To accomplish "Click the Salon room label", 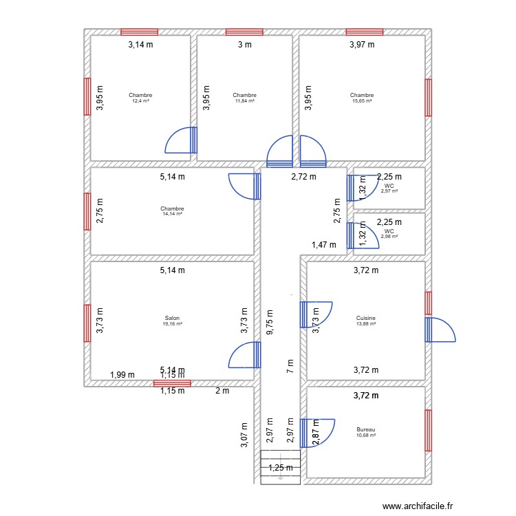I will coord(171,318).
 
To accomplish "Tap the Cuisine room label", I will coord(366,318).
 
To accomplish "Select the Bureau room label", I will coord(366,429).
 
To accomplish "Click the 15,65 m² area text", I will coord(362,101).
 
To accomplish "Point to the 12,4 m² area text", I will coord(140,101).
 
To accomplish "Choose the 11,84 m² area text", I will coord(244,101).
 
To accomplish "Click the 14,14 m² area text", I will coord(172,214).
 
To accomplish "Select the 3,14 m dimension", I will coord(140,45).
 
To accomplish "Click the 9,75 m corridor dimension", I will coord(270,321).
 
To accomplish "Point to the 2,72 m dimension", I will coord(303,177).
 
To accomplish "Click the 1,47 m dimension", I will coord(323,244).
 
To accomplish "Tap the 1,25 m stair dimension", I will coord(281,468).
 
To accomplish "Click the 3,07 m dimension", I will coord(244,435).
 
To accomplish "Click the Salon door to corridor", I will coord(245,356).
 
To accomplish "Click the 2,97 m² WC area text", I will coord(389,191).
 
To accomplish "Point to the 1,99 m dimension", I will coord(122,375).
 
